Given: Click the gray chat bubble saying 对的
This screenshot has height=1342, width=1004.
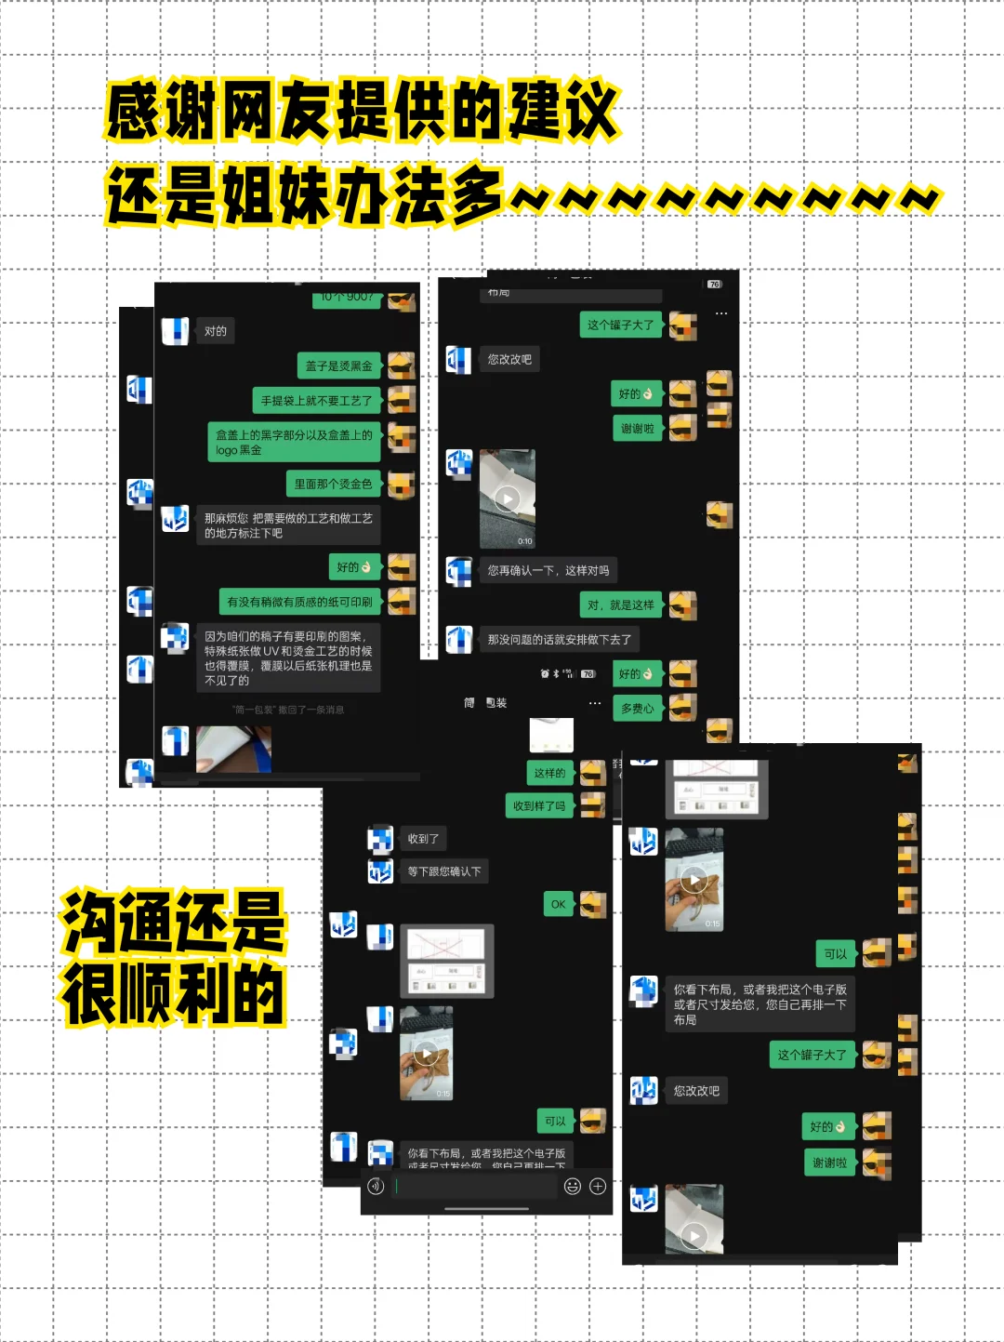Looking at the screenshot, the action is (216, 331).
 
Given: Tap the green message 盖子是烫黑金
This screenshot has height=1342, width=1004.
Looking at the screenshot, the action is (339, 366).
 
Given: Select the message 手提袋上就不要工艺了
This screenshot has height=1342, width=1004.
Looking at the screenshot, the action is (316, 401).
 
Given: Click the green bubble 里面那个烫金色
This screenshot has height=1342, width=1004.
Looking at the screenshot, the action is (333, 484).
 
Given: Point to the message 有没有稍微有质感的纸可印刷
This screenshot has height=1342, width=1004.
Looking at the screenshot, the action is (299, 602).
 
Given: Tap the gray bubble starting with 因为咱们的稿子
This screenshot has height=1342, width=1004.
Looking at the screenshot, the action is (288, 658).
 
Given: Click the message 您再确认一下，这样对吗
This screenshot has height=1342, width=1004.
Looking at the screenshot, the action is (548, 570).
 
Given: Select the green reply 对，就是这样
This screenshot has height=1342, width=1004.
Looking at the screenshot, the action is (620, 605).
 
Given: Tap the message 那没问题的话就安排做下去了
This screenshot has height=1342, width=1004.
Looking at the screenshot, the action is (560, 640).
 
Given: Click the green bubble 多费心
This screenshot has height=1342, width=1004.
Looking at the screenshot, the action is (637, 709).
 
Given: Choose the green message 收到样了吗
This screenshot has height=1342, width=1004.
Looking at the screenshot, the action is (539, 806).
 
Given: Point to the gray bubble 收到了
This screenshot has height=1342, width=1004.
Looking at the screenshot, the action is (423, 839).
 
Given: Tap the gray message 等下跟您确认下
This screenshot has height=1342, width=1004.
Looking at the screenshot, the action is (444, 871).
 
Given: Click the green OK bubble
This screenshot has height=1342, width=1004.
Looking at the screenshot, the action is (558, 904).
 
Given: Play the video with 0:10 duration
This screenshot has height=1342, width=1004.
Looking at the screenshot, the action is (508, 499).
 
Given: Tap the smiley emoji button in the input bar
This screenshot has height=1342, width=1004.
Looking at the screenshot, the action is (573, 1186).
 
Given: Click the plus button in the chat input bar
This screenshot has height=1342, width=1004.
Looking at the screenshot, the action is (598, 1186).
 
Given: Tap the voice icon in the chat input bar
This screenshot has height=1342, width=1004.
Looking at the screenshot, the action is (376, 1186).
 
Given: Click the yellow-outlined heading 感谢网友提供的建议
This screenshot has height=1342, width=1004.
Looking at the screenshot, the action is (363, 112).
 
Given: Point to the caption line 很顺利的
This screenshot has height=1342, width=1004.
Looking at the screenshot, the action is (173, 993).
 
